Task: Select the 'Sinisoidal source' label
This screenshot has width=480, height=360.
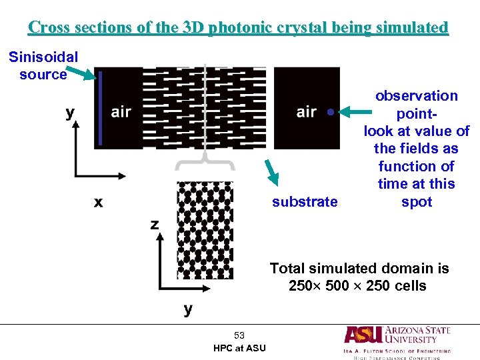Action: [43, 65]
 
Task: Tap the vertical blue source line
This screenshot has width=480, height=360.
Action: [100, 109]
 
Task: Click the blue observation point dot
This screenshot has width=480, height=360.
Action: [330, 111]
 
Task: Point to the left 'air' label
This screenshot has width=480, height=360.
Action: [121, 112]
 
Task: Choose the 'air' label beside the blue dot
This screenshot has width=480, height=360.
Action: [306, 112]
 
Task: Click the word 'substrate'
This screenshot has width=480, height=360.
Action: [305, 201]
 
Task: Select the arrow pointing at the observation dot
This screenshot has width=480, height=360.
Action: [353, 107]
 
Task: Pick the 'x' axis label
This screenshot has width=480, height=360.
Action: [98, 202]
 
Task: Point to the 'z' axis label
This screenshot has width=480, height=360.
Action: [155, 225]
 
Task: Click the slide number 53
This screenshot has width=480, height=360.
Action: [239, 335]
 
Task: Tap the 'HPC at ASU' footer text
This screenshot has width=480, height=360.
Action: [239, 348]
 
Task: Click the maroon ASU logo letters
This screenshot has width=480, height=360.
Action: [363, 335]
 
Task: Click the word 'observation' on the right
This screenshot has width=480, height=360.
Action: [417, 96]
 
